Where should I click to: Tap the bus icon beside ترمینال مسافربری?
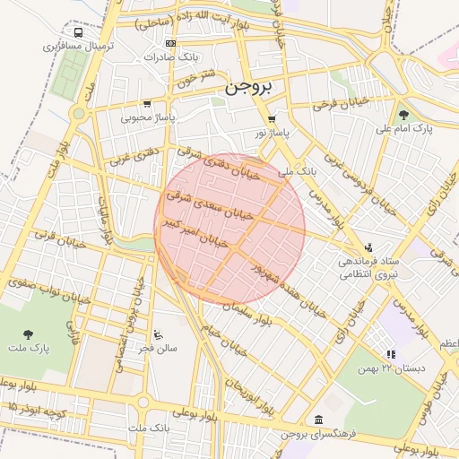[x=79, y=32]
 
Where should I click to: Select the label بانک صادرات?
[x=176, y=56]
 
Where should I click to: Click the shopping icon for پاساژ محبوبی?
[x=147, y=104]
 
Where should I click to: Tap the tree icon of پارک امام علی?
[x=403, y=114]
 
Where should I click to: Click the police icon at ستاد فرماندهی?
[x=368, y=247]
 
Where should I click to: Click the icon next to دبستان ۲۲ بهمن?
[x=390, y=355]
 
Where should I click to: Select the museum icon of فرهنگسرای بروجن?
[x=319, y=420]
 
